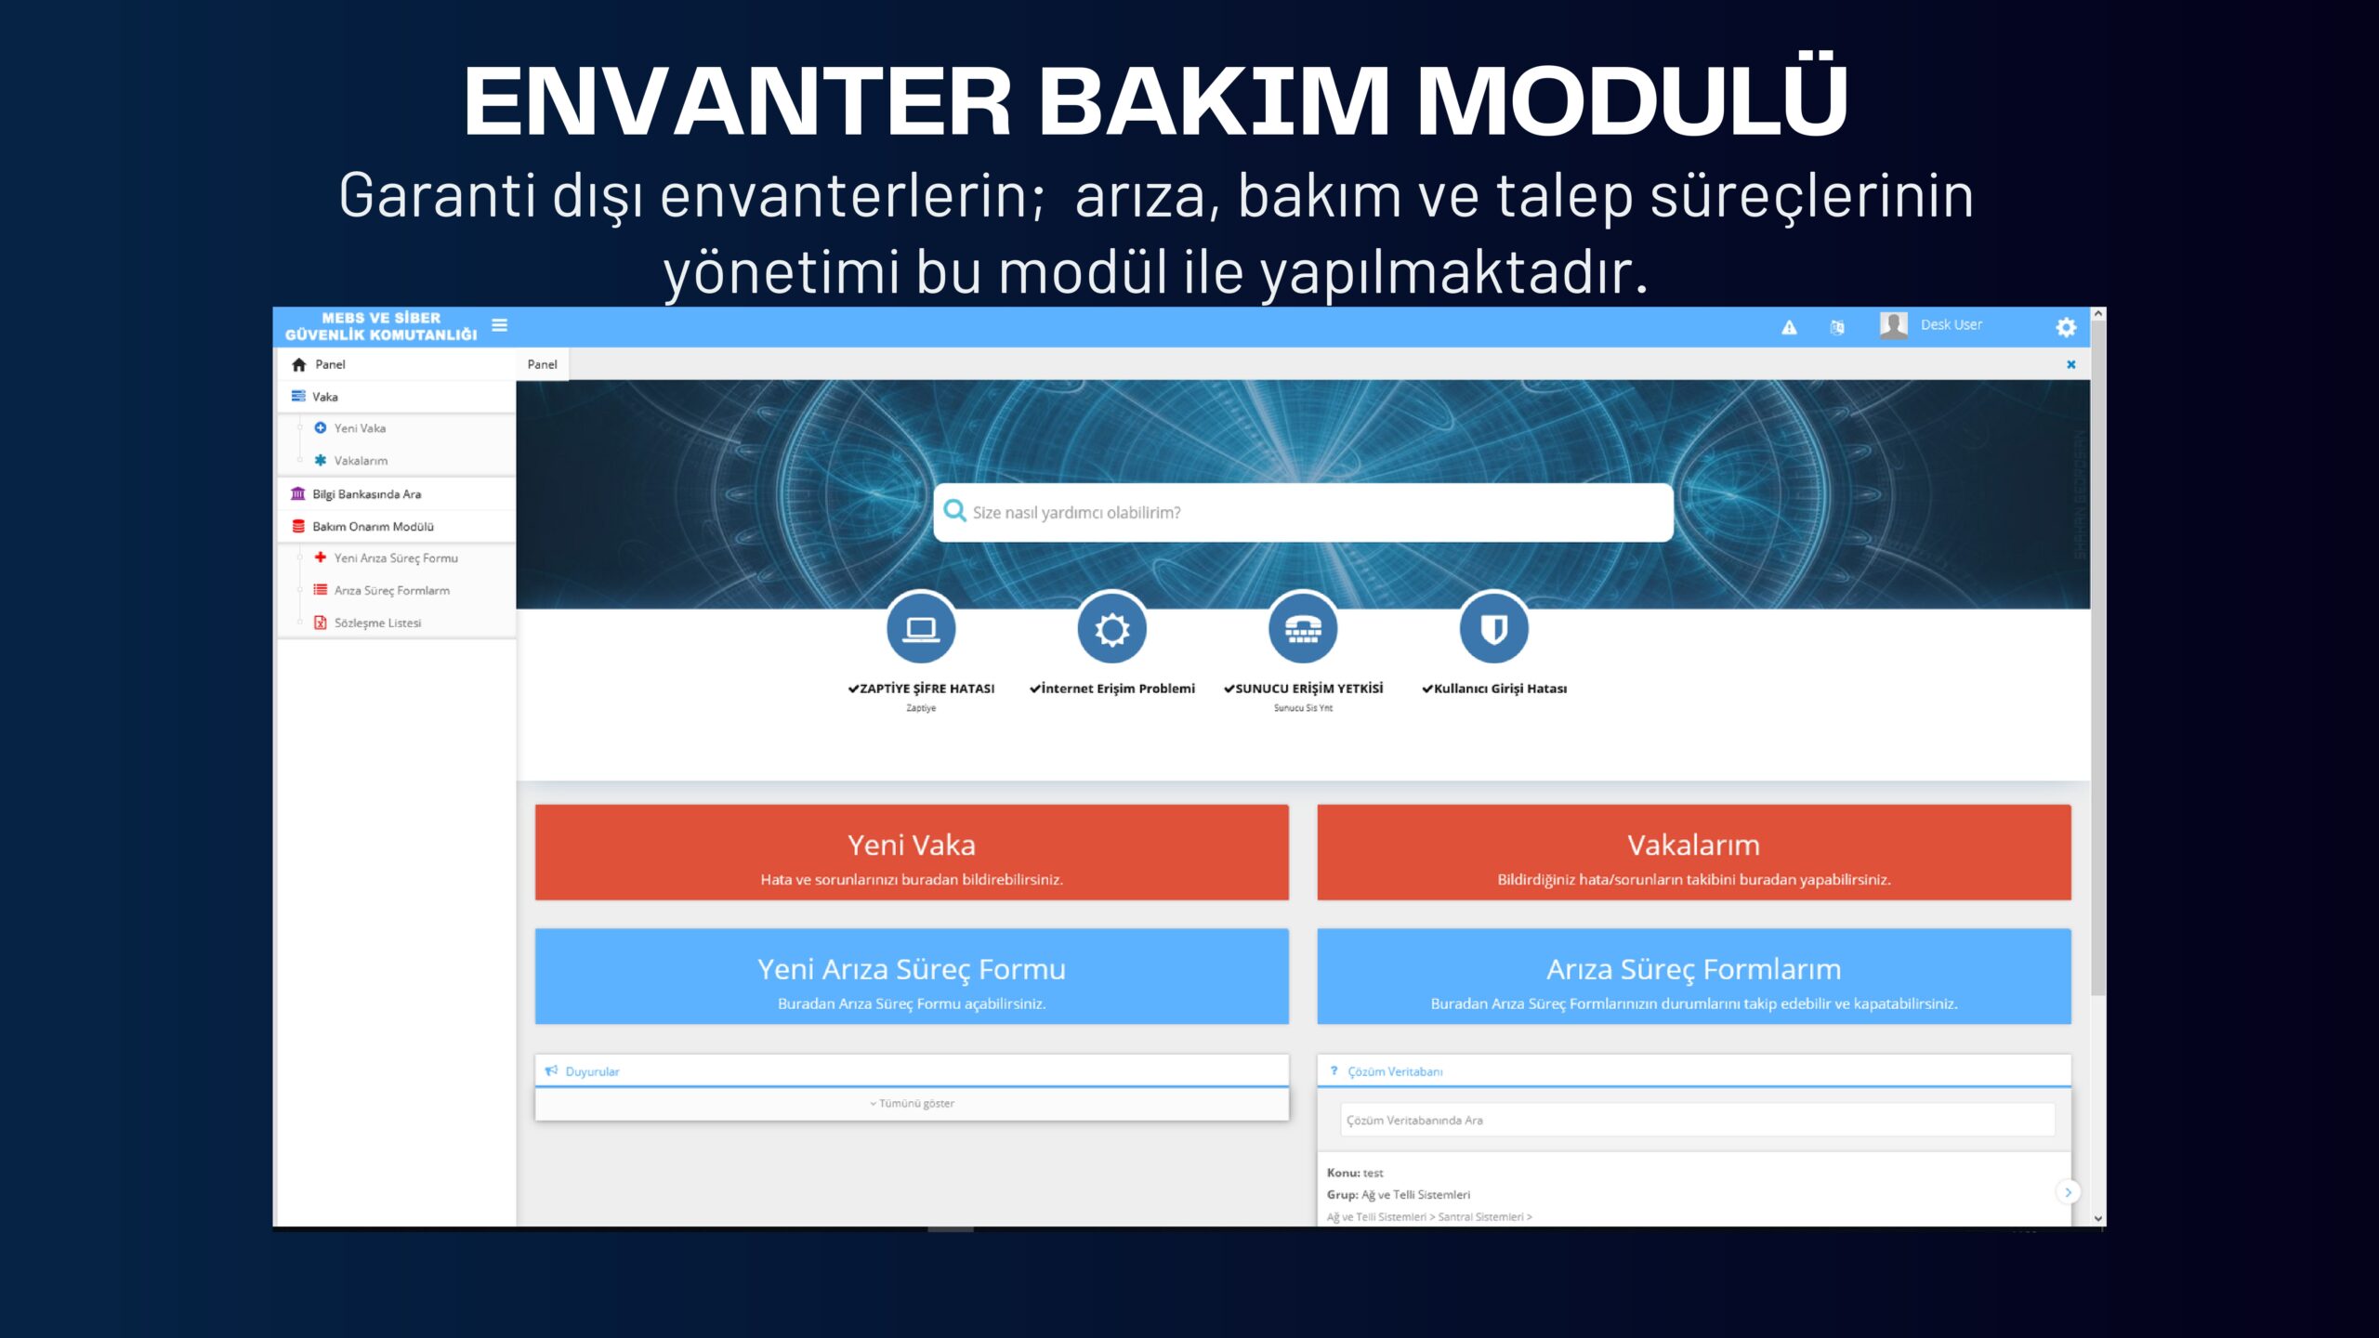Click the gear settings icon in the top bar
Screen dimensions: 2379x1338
(x=2065, y=327)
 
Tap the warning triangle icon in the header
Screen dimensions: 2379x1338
(x=1789, y=327)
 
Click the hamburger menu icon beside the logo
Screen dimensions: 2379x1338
(x=500, y=325)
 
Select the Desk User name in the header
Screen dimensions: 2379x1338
(x=1952, y=324)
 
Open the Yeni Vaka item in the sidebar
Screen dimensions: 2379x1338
(x=360, y=428)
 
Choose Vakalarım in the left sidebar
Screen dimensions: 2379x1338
(x=361, y=461)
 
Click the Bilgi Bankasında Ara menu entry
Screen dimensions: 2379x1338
(x=366, y=494)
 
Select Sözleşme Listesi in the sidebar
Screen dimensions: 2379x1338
(x=377, y=623)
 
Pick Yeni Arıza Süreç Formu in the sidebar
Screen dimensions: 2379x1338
(x=396, y=558)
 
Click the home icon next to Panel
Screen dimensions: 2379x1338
(x=298, y=364)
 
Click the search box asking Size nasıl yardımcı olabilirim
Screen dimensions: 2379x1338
(x=1303, y=512)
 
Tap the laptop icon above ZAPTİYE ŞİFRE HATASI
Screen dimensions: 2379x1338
(x=921, y=629)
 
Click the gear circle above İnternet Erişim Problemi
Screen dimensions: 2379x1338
(x=1111, y=629)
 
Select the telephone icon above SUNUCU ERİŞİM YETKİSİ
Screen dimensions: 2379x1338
(x=1303, y=629)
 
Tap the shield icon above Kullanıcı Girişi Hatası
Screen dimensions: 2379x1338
(x=1493, y=629)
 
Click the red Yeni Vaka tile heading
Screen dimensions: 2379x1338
(x=912, y=845)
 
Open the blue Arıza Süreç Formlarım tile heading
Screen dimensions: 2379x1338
(x=1693, y=969)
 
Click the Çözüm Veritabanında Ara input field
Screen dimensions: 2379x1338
(x=1697, y=1121)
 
